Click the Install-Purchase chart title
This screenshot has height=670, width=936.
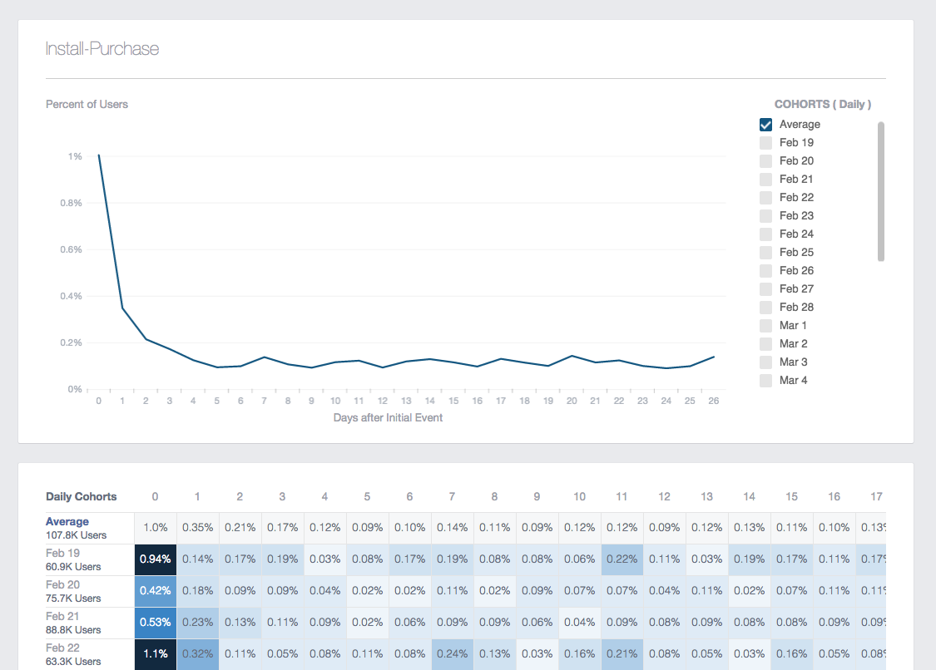click(102, 49)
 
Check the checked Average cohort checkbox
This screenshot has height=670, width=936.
click(766, 125)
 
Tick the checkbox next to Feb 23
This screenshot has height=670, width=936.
click(766, 216)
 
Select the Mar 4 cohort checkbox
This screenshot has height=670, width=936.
click(766, 381)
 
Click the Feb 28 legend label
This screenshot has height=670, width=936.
click(796, 308)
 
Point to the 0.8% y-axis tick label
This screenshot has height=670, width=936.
click(70, 203)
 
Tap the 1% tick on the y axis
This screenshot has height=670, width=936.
click(75, 156)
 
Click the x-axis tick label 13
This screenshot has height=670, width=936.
click(406, 401)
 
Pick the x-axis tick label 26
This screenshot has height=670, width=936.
click(713, 401)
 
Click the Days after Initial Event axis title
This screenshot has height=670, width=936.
click(388, 418)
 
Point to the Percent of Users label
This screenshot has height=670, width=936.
click(87, 105)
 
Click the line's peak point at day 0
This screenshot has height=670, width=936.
click(99, 155)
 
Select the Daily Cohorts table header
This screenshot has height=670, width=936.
click(82, 497)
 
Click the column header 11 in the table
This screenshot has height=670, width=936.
click(622, 497)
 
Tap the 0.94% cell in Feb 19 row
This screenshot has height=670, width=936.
click(156, 559)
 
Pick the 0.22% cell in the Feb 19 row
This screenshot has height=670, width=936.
click(622, 559)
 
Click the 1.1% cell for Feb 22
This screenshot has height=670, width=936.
click(156, 654)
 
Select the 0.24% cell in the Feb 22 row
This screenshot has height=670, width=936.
click(452, 654)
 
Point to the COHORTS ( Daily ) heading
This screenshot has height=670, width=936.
click(823, 105)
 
